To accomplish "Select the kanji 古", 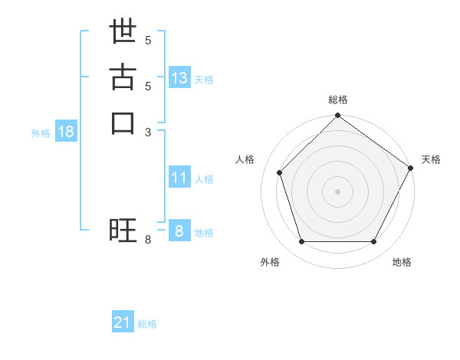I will click(123, 79).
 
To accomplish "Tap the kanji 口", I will click(123, 123).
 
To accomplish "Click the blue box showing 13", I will click(179, 78).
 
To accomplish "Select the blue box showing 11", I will click(179, 178).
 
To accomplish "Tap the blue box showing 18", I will click(66, 132).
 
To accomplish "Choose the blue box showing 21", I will click(123, 322).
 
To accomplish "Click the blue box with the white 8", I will click(179, 231).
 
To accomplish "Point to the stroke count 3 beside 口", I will click(149, 132).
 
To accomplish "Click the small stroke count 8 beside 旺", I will click(149, 240).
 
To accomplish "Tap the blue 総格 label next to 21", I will click(147, 324).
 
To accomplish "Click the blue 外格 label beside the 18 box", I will click(41, 133).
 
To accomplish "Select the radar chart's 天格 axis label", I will click(431, 159).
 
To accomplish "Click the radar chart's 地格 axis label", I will click(402, 262).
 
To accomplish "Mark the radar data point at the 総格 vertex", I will click(337, 116).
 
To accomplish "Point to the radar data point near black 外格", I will click(301, 242).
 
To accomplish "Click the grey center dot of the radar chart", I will click(337, 191).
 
